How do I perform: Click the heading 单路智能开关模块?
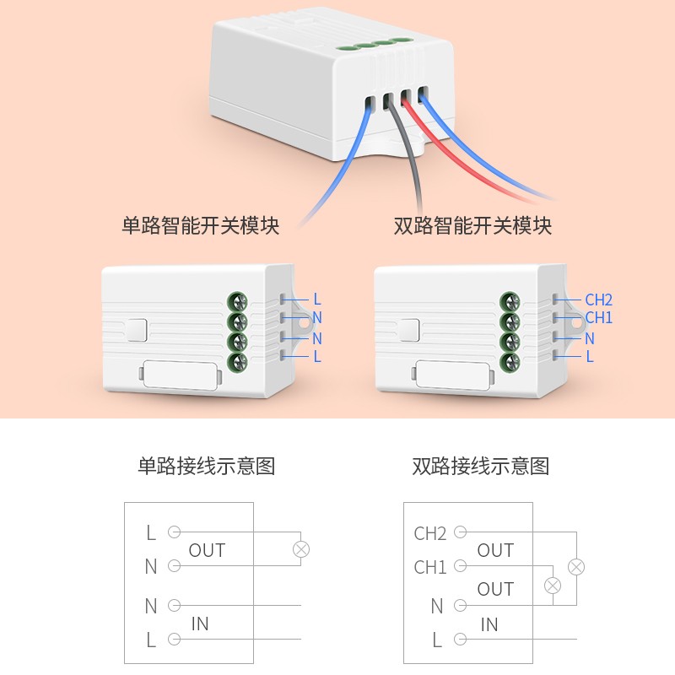[201, 226]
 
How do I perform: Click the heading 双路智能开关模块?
[472, 226]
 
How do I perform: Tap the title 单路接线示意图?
[207, 466]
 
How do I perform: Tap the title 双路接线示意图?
[481, 466]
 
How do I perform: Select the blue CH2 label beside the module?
[598, 300]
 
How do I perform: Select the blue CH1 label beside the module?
[598, 318]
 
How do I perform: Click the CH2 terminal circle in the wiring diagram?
[460, 532]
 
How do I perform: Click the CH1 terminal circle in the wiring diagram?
[460, 566]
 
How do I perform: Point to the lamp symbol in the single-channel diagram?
[300, 549]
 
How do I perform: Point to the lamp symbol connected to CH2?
[576, 566]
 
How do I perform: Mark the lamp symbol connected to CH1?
[553, 585]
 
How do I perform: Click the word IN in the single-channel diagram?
[200, 624]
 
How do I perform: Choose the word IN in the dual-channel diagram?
[489, 625]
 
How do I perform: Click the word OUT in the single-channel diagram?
[207, 551]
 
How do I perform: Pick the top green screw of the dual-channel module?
[509, 301]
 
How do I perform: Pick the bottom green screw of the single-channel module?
[237, 363]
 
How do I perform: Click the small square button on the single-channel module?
[137, 331]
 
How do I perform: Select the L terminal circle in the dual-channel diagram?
[460, 639]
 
